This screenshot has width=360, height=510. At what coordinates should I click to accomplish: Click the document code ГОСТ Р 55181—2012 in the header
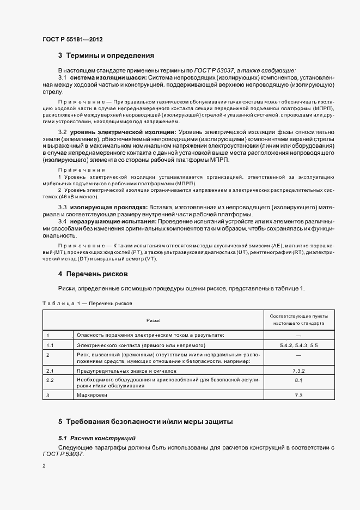72,40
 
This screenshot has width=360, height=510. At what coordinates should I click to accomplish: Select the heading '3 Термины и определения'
106,56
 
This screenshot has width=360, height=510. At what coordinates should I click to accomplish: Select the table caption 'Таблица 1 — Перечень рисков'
87,303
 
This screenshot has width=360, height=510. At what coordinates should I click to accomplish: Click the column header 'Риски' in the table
153,320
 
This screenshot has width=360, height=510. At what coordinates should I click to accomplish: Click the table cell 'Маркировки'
90,394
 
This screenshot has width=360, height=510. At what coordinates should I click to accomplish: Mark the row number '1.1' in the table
50,346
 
